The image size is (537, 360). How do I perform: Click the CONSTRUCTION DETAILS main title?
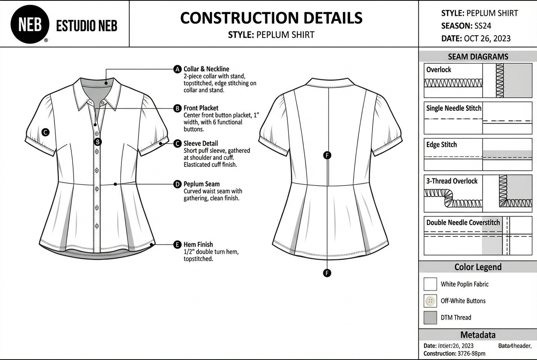tap(271, 18)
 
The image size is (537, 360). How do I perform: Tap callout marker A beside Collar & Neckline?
tap(178, 69)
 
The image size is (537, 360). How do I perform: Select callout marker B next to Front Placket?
tap(178, 108)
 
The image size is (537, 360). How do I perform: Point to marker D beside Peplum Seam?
tap(178, 184)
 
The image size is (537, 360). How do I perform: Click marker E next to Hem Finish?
tap(178, 245)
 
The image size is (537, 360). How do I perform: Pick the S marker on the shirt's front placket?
tap(97, 142)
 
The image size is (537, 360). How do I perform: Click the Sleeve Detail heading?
tap(201, 143)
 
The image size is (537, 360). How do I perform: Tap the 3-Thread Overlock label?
tap(452, 181)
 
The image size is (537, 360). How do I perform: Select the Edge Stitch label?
tap(441, 144)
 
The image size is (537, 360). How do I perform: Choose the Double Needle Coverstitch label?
tap(463, 222)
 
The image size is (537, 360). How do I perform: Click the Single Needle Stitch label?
tap(454, 108)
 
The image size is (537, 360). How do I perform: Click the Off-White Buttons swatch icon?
tap(430, 301)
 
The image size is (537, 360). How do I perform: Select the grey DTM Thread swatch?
tap(430, 318)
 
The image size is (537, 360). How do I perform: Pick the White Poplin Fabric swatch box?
tap(430, 284)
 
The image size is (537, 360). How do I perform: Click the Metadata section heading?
tap(478, 335)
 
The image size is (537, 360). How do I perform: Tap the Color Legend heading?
tap(478, 267)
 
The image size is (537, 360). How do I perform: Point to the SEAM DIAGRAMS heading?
tap(478, 56)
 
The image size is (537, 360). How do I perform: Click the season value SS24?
tap(483, 26)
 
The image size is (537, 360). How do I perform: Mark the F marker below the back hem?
tap(327, 273)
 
